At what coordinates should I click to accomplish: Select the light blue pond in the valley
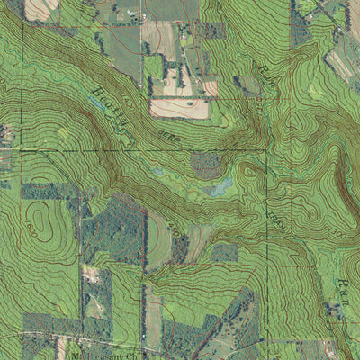point(217,187)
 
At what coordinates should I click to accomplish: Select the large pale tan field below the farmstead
point(178,108)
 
